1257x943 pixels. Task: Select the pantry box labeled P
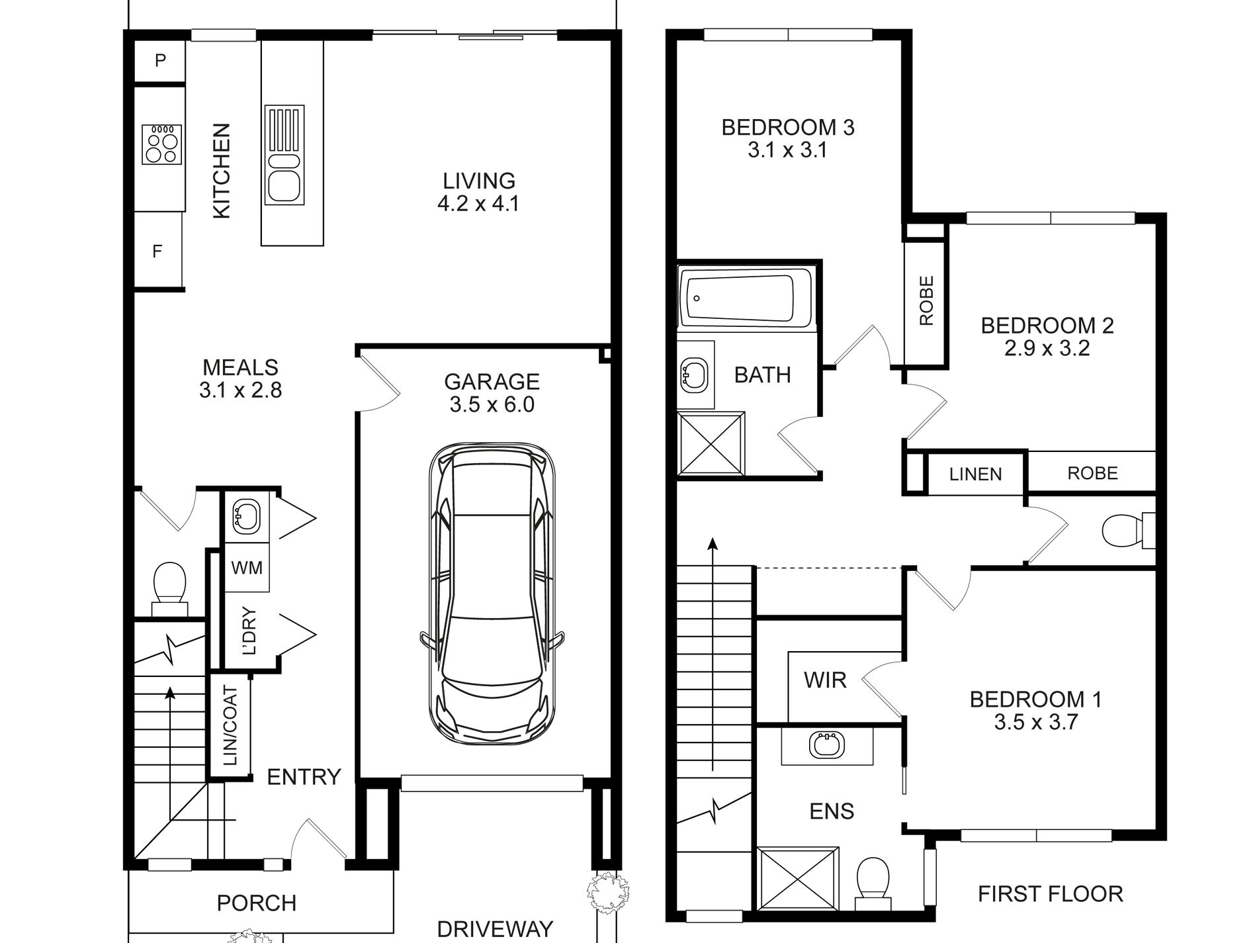click(x=159, y=62)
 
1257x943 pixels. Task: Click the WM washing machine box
click(x=246, y=567)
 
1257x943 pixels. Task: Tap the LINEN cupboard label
click(x=975, y=474)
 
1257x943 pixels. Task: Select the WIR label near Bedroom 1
click(x=825, y=680)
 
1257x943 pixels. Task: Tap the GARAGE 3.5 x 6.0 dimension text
click(x=492, y=404)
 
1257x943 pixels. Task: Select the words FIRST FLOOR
click(x=1051, y=894)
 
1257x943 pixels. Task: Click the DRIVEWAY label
click(x=495, y=929)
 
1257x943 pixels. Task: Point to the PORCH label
click(x=257, y=903)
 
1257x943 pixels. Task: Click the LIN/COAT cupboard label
click(x=230, y=726)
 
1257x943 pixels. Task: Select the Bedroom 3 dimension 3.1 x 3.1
click(x=787, y=150)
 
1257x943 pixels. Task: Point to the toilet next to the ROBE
click(x=1129, y=531)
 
